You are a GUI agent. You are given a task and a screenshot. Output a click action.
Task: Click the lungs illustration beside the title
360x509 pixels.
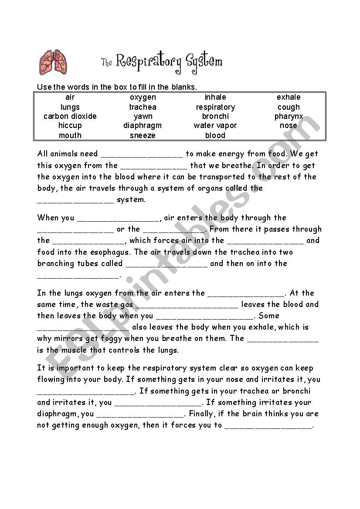pyautogui.click(x=54, y=61)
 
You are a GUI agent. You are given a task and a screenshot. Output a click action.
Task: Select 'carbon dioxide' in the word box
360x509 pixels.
pyautogui.click(x=70, y=116)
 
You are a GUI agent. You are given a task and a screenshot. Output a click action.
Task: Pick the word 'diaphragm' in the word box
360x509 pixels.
pyautogui.click(x=143, y=125)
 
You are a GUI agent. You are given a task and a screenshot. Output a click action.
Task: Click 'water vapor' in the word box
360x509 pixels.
pyautogui.click(x=215, y=125)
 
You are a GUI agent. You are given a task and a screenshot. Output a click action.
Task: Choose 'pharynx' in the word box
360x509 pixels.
pyautogui.click(x=289, y=117)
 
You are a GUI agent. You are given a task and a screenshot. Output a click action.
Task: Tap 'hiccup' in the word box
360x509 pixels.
pyautogui.click(x=70, y=125)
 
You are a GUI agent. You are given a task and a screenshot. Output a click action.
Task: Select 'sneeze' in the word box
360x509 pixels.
pyautogui.click(x=143, y=135)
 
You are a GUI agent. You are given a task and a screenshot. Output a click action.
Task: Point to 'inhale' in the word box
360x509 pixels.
pyautogui.click(x=215, y=97)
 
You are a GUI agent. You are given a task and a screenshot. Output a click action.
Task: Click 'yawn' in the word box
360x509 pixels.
pyautogui.click(x=143, y=116)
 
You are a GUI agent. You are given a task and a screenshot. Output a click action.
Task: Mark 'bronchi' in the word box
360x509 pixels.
pyautogui.click(x=215, y=116)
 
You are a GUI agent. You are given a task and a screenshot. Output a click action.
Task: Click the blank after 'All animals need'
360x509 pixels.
pyautogui.click(x=142, y=155)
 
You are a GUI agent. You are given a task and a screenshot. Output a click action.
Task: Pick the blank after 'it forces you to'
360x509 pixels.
pyautogui.click(x=268, y=426)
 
